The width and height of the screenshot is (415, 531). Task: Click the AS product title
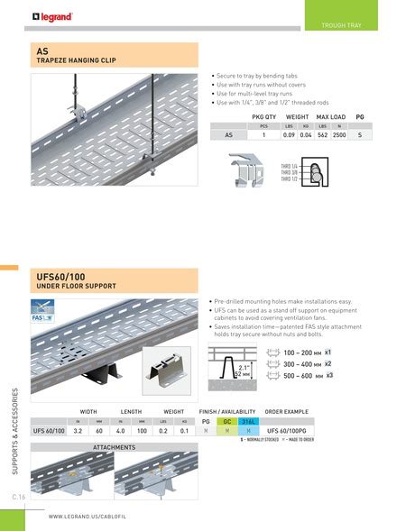coord(41,51)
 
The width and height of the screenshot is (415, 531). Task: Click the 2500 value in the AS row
coord(339,134)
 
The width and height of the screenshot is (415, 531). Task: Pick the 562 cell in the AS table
coord(321,134)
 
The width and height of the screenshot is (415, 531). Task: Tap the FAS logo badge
coord(44,317)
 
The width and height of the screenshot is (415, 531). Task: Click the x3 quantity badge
coord(330,374)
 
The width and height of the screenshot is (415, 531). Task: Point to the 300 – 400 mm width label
coord(300,362)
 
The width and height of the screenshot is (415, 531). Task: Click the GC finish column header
coord(227,420)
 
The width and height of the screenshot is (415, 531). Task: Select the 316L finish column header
coord(248,420)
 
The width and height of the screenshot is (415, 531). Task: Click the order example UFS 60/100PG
coord(290,431)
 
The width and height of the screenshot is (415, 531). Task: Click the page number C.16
coord(17,496)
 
